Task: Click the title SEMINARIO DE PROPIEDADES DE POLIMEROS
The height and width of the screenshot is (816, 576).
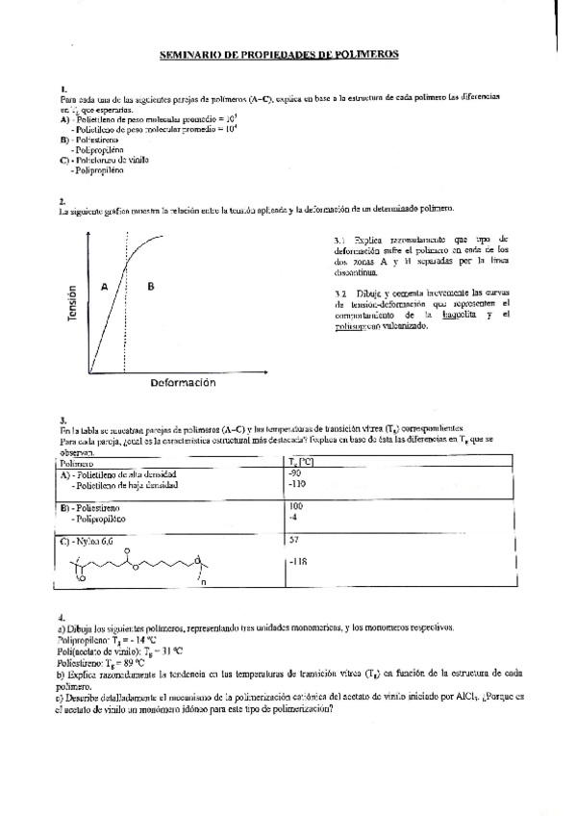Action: coord(278,56)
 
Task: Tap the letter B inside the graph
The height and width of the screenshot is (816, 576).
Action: coord(150,286)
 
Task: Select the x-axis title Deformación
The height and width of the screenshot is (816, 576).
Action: coord(182,382)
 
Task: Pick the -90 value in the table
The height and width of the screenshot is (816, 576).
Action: coord(295,474)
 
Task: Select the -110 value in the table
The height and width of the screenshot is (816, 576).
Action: coord(297,486)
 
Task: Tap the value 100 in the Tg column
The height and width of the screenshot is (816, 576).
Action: coord(296,506)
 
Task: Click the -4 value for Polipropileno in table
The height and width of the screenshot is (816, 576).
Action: coord(293,518)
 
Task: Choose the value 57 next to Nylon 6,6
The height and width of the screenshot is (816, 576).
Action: coord(294,540)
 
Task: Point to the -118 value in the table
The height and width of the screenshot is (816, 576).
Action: coord(297,561)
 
